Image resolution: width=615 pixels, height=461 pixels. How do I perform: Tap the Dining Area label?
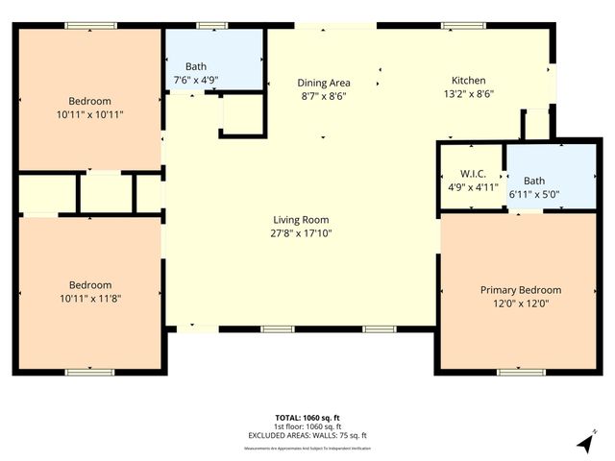pos(323,83)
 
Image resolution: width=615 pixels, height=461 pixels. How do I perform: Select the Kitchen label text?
pos(469,81)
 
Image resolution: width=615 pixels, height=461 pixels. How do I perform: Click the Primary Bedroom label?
pos(521,289)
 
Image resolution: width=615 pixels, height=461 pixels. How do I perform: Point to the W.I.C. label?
pos(469,174)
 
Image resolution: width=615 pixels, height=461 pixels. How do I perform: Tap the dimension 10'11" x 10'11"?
pos(89,114)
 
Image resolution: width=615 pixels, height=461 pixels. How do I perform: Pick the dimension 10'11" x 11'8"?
pos(89,298)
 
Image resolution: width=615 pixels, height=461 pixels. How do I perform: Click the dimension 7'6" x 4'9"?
pos(196,80)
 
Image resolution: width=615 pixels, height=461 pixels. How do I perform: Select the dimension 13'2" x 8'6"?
pos(469,94)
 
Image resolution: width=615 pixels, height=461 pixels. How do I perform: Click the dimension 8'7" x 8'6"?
pos(323,96)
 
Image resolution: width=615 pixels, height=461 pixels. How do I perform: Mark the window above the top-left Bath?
pos(209,24)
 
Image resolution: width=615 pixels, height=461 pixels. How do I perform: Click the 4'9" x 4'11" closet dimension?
pos(469,187)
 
